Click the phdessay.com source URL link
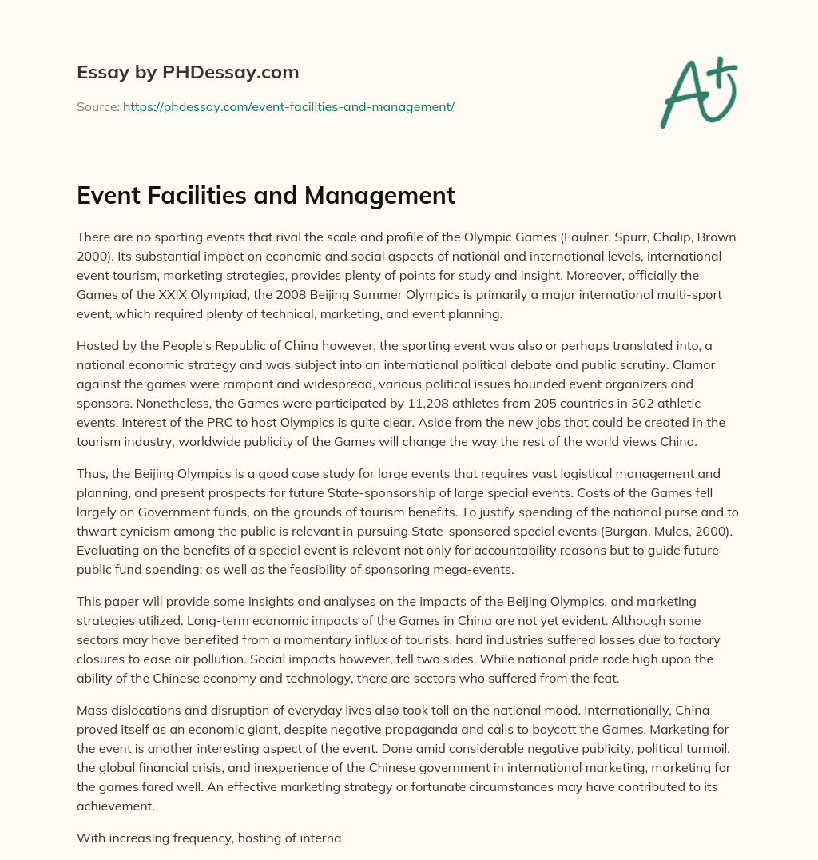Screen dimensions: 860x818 click(288, 106)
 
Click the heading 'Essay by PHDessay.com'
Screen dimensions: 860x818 click(188, 73)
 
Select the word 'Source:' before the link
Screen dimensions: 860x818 click(97, 106)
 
